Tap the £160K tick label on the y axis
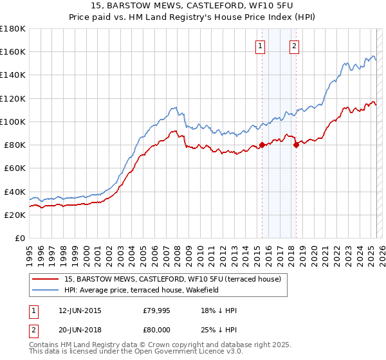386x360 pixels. (13, 52)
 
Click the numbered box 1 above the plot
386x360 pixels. (261, 46)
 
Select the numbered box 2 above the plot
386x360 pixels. (294, 46)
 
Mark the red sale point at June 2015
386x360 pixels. (262, 145)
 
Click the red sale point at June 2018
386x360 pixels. (297, 145)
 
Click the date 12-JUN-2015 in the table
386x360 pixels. (80, 310)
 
